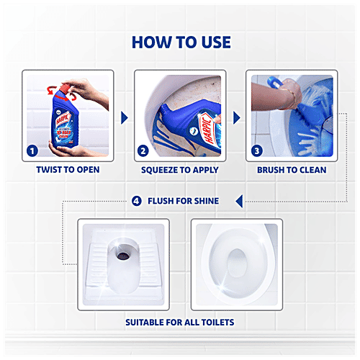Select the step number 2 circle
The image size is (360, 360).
coord(143,151)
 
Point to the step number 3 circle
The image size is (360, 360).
coord(256,151)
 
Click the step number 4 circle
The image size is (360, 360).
coord(137,200)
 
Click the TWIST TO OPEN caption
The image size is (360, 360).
coord(68,171)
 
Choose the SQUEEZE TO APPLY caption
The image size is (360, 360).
coord(180,171)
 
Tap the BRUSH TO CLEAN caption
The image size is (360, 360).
coord(292,171)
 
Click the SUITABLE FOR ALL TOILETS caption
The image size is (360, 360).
coord(180,321)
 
